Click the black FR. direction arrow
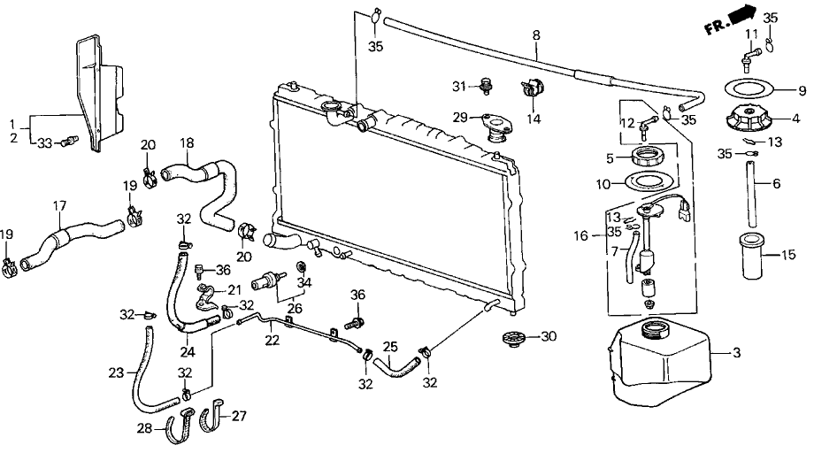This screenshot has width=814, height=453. point(743,15)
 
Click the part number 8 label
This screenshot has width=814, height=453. point(536,35)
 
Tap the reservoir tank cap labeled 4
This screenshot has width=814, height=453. point(748,119)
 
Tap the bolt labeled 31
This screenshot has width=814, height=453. point(487,86)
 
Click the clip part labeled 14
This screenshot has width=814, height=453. point(532,89)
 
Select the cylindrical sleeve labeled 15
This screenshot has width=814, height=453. point(756,256)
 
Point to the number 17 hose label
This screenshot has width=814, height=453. point(60,206)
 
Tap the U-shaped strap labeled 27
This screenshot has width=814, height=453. point(213,417)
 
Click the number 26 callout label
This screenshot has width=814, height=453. point(295,308)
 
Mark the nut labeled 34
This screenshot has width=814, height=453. point(300,266)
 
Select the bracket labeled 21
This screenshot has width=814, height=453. point(205,298)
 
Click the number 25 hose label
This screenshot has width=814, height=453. point(390,346)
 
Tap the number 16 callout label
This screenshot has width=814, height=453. point(581,236)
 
